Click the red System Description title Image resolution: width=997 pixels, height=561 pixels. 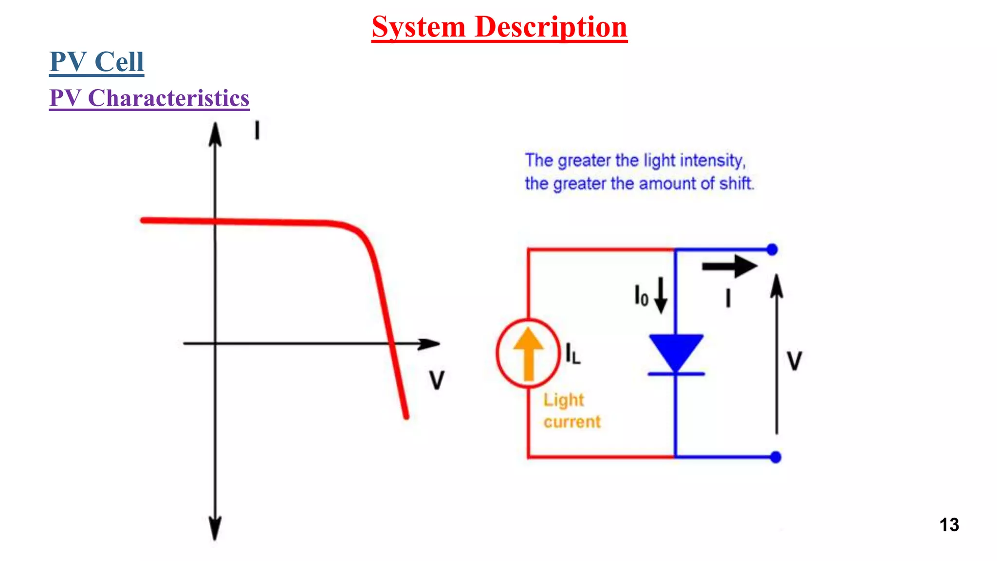499,27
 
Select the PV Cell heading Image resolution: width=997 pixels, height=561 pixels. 96,62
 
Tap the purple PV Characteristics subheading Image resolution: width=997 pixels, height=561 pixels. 149,98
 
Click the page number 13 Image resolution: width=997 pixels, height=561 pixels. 949,524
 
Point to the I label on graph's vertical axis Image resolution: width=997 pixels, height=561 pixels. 257,131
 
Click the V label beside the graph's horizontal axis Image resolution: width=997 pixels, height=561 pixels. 437,380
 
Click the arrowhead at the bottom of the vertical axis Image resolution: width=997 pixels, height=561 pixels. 215,528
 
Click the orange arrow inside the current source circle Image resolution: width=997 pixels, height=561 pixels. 528,353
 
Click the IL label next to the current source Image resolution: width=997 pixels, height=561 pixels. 573,354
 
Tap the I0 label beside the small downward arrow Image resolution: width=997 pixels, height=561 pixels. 641,296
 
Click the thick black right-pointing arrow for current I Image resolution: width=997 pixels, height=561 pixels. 730,266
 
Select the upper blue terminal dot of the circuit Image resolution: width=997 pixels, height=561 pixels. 772,250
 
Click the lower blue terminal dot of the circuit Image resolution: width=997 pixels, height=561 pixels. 776,457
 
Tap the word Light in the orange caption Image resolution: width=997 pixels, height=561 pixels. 563,400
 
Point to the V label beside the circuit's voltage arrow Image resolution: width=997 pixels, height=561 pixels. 794,361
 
